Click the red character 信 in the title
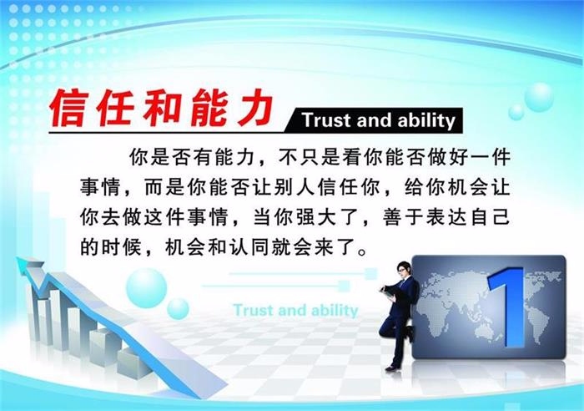(x=69, y=109)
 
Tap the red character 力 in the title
(x=254, y=109)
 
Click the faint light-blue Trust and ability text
(x=295, y=310)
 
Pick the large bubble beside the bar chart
(x=146, y=288)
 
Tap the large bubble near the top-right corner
(x=539, y=97)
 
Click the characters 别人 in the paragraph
(x=295, y=187)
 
